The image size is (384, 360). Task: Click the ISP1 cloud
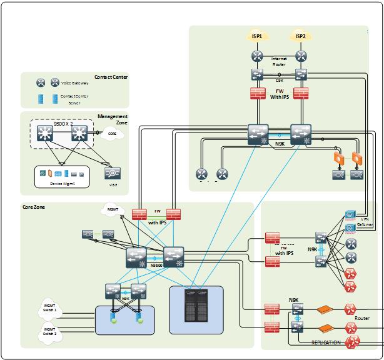(x=257, y=37)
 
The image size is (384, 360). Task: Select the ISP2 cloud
(x=301, y=37)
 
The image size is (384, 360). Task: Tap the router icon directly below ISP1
(x=257, y=56)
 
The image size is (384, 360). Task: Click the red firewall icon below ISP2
(x=301, y=94)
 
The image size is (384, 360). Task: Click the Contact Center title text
(x=111, y=77)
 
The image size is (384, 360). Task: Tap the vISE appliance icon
(x=113, y=173)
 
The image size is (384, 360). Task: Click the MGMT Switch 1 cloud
(x=49, y=307)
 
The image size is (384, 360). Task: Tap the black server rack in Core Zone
(x=196, y=304)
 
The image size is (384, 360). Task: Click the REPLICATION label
(x=326, y=342)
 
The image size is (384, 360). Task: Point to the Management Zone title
(x=113, y=119)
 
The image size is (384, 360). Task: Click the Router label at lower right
(x=362, y=318)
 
